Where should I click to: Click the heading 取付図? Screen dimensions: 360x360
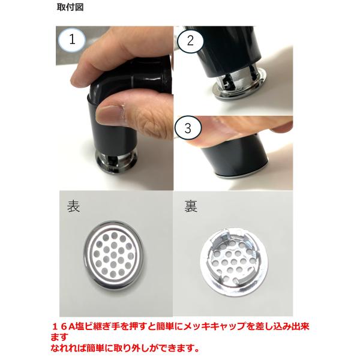coord(70,7)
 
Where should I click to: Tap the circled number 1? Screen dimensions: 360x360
coord(72,40)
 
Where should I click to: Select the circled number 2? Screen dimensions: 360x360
coord(190,41)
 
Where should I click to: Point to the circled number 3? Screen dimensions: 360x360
coord(188,128)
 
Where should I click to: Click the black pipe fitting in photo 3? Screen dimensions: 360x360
coord(235,156)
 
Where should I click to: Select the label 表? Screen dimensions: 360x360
coord(73,206)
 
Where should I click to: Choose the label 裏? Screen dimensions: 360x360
coord(191,206)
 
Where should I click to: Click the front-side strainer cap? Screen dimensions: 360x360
coord(113,255)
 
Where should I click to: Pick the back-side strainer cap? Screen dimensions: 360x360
coord(234,262)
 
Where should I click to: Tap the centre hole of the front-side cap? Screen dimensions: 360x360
coord(113,255)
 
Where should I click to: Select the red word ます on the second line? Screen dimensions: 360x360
coord(59,337)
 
